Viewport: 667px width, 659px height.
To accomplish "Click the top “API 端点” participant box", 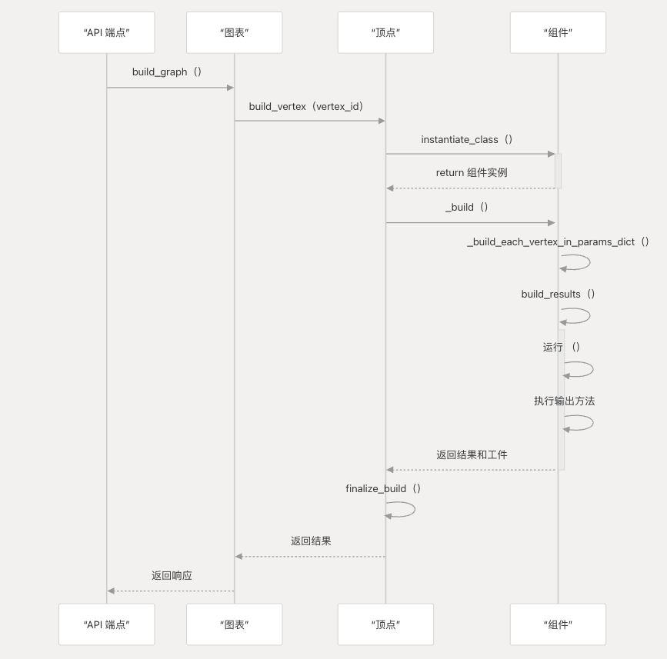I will (x=106, y=32).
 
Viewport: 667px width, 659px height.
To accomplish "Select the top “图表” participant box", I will (x=234, y=32).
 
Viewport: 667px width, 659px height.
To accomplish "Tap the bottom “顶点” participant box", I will (x=385, y=624).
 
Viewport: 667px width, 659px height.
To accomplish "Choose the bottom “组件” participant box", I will (x=558, y=624).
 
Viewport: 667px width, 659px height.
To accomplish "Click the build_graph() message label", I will (x=167, y=72).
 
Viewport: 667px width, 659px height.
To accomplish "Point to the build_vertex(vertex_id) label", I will (x=306, y=106).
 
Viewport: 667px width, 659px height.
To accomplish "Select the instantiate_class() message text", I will (x=467, y=140).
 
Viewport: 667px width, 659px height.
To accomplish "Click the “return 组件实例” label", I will (x=472, y=173).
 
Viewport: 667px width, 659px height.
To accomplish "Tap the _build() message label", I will (x=467, y=208).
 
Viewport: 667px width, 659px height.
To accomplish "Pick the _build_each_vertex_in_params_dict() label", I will (x=559, y=242).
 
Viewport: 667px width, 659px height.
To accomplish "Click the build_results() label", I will (x=559, y=295).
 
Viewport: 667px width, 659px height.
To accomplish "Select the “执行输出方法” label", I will (x=565, y=401).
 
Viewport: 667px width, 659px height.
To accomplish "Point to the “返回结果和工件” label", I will (x=472, y=455).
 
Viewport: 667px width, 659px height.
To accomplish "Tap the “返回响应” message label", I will (x=172, y=576).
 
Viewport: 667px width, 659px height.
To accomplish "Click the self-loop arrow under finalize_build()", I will (x=402, y=509).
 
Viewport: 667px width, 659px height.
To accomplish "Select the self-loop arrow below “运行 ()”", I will (x=579, y=369).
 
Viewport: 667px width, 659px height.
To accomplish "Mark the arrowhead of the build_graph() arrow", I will (x=229, y=88).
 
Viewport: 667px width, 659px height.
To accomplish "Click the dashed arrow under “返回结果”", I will (x=310, y=556).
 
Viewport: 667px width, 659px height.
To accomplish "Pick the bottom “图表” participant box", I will (x=234, y=624).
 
